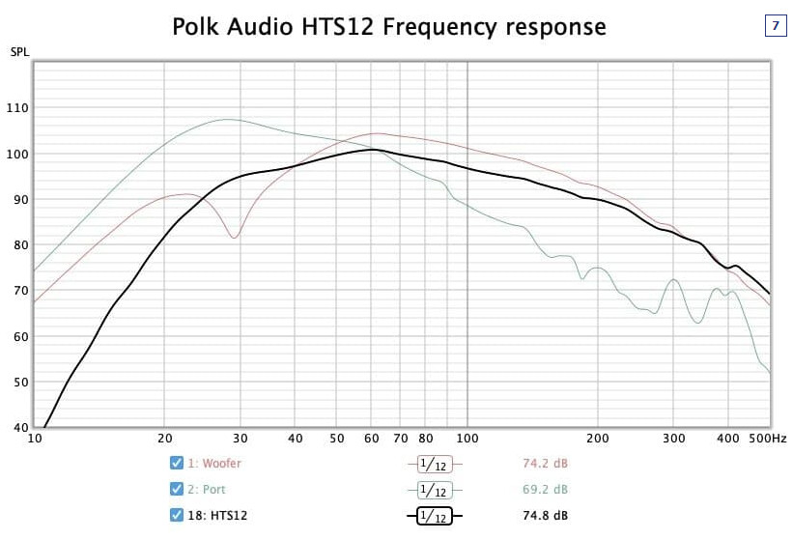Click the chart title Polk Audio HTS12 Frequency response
[389, 26]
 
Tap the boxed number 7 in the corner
[775, 26]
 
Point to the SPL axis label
[19, 51]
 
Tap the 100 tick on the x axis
[467, 439]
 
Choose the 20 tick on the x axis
[165, 439]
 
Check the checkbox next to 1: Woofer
[176, 464]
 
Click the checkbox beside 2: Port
[176, 489]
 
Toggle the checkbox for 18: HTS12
[176, 515]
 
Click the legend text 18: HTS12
[217, 516]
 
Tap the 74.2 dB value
[545, 464]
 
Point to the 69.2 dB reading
[545, 490]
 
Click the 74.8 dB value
[545, 516]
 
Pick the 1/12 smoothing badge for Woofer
[435, 465]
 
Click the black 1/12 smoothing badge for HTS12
[435, 517]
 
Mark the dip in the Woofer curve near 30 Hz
[234, 237]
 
